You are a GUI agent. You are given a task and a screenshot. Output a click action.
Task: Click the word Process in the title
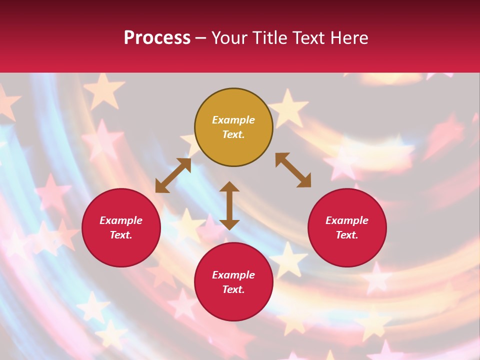point(157,38)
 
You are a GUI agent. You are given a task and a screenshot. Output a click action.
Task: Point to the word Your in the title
point(228,38)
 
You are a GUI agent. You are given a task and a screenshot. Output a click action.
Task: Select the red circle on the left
point(121,250)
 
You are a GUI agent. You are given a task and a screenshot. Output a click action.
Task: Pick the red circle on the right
point(347,250)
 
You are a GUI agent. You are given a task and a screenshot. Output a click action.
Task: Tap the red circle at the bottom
point(233,305)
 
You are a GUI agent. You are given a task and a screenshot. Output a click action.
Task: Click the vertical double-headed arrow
point(229,205)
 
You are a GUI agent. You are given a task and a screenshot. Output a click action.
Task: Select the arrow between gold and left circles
point(173,175)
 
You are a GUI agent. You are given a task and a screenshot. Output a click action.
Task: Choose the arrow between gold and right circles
point(293,170)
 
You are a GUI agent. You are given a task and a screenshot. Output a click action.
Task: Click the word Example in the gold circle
point(233,120)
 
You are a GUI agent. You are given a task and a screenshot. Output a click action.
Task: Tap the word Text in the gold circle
point(233,134)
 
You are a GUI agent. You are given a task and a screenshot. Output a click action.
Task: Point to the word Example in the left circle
point(121,220)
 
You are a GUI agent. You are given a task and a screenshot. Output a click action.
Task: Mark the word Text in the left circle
point(121,235)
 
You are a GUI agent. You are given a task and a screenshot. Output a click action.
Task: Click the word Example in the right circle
point(347,220)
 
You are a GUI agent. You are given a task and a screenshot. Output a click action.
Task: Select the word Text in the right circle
point(347,235)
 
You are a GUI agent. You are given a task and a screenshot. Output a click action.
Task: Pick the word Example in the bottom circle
point(233,275)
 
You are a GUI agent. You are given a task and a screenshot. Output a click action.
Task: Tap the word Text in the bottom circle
point(233,289)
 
